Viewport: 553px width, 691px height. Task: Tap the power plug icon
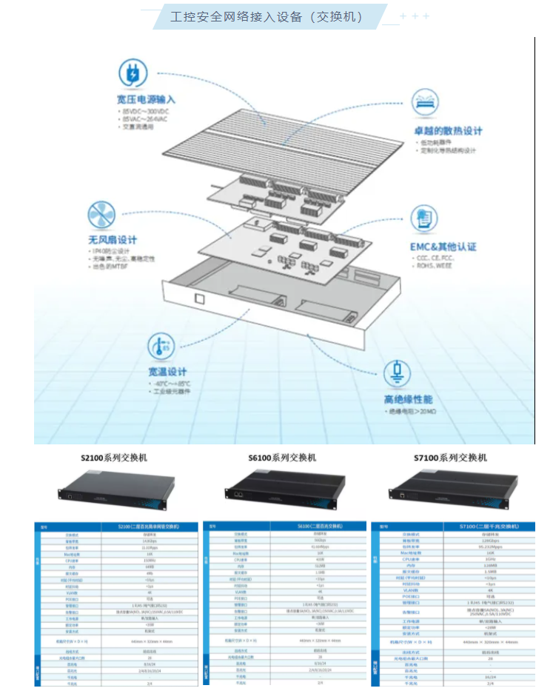click(x=135, y=73)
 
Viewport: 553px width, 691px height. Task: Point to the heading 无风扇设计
click(x=113, y=240)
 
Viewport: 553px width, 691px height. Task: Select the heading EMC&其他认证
click(x=443, y=247)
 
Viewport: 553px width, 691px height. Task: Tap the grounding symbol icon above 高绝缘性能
click(x=400, y=371)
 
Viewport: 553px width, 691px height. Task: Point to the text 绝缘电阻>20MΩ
click(x=415, y=411)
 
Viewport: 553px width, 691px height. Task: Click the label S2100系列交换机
click(x=113, y=458)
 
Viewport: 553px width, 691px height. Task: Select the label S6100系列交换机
click(x=282, y=458)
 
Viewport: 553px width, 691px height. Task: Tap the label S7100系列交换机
click(x=449, y=458)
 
